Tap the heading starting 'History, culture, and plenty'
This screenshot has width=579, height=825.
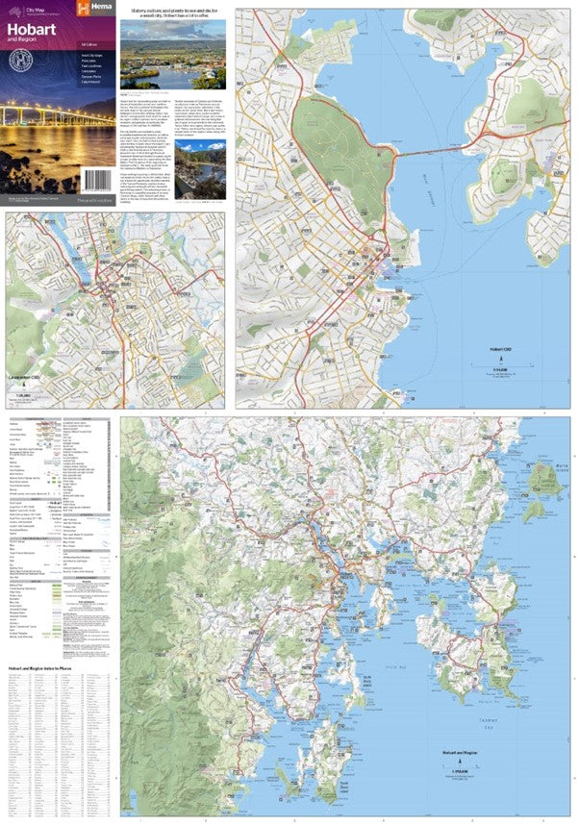172,12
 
